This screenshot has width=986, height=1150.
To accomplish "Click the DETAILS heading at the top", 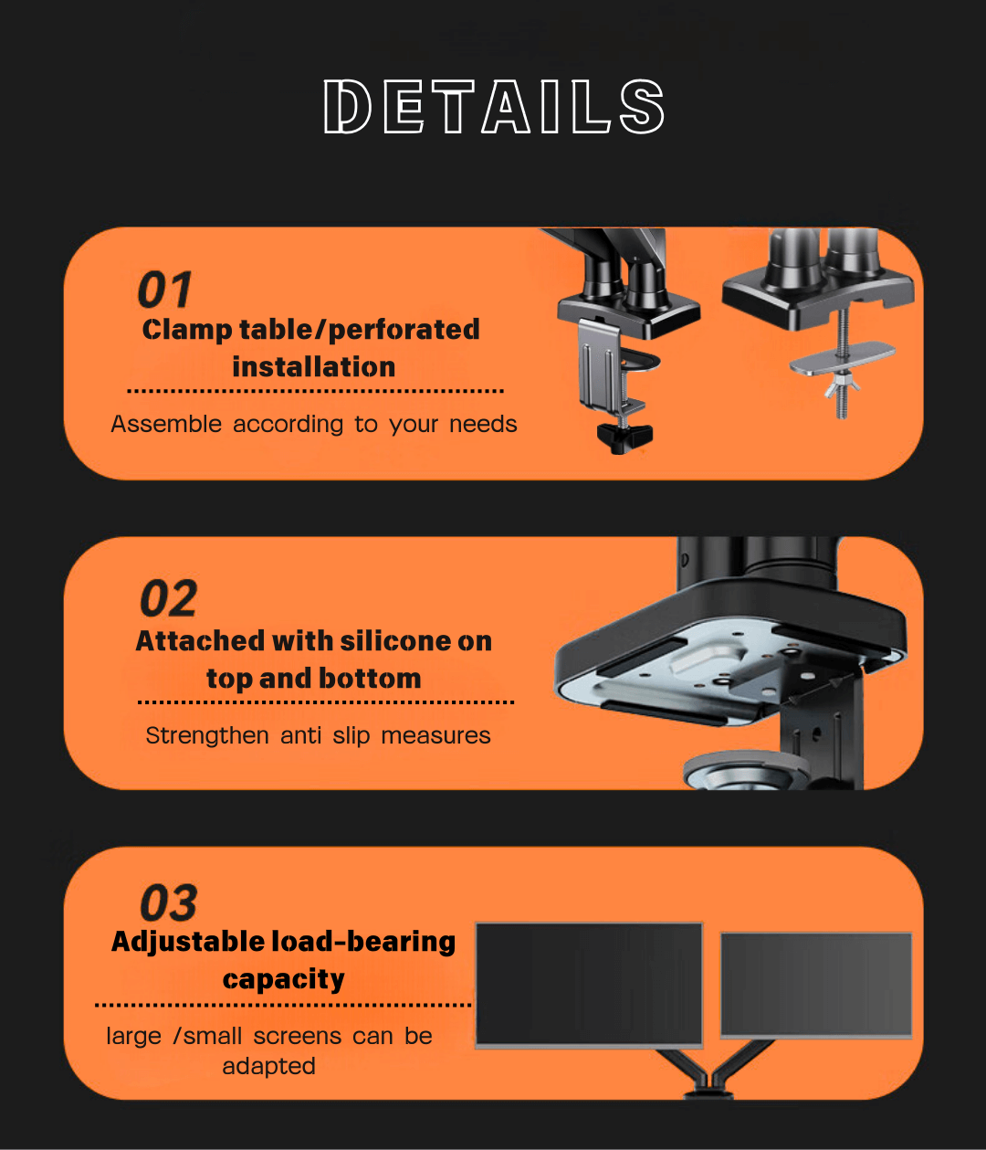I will click(x=494, y=107).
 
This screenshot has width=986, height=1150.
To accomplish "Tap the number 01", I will click(x=165, y=290).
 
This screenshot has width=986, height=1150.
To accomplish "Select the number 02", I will click(x=169, y=600).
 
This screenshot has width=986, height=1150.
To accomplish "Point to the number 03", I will click(x=169, y=903).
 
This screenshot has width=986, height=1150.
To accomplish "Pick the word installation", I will click(x=313, y=367).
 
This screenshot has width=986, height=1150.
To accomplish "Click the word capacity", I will click(x=283, y=980).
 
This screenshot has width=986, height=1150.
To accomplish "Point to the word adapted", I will click(x=268, y=1067).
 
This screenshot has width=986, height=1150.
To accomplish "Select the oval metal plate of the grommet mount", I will click(x=842, y=357).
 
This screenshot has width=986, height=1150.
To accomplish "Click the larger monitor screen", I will click(x=589, y=983).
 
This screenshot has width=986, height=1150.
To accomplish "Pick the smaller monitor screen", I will click(x=816, y=985).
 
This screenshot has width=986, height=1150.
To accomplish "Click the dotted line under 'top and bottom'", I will click(x=326, y=702).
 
